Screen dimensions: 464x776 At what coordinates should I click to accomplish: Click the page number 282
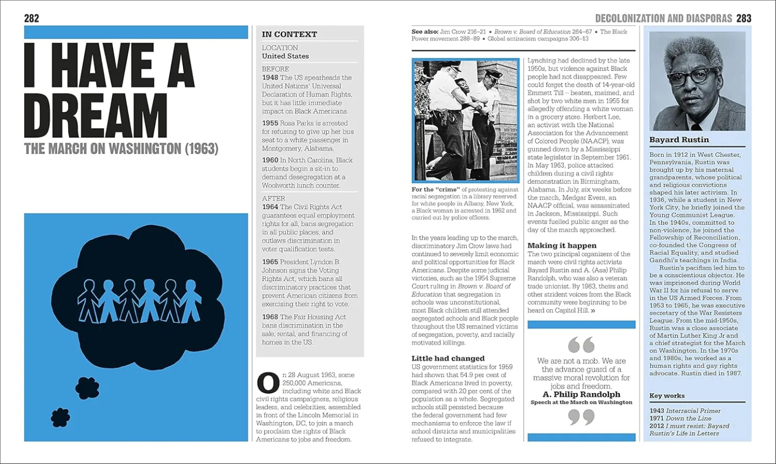pyautogui.click(x=32, y=18)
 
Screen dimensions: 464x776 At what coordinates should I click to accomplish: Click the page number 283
pyautogui.click(x=744, y=18)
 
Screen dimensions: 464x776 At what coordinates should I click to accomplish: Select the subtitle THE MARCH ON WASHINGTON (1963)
pyautogui.click(x=121, y=149)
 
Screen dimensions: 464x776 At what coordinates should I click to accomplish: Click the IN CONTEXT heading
pyautogui.click(x=289, y=34)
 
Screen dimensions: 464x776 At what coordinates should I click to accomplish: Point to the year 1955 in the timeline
pyautogui.click(x=271, y=124)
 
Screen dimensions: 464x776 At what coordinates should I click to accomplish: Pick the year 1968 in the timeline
pyautogui.click(x=271, y=317)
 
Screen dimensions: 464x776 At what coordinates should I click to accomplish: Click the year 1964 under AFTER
pyautogui.click(x=271, y=207)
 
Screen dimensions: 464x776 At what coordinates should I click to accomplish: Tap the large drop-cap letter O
pyautogui.click(x=267, y=383)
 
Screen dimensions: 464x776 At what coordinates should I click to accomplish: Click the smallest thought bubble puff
pyautogui.click(x=60, y=417)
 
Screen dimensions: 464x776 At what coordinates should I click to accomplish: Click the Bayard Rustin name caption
pyautogui.click(x=679, y=140)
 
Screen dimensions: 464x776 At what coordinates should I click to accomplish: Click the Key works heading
pyautogui.click(x=667, y=396)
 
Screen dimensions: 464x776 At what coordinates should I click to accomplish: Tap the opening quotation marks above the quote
pyautogui.click(x=581, y=345)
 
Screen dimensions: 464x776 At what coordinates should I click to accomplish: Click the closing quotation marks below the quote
pyautogui.click(x=581, y=417)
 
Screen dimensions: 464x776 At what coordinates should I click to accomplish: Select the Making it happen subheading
pyautogui.click(x=562, y=245)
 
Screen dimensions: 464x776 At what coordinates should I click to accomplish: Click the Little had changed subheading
pyautogui.click(x=448, y=358)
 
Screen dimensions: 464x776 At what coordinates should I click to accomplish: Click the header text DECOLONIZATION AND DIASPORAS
pyautogui.click(x=664, y=18)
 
